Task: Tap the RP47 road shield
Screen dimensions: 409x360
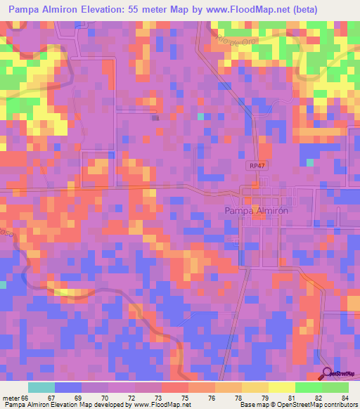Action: click(257, 165)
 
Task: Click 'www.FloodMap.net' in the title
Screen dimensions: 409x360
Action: click(238, 10)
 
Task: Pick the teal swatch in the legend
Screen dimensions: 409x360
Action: click(41, 387)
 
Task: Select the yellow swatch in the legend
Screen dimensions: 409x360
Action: click(281, 387)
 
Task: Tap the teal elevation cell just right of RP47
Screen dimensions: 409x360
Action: click(309, 162)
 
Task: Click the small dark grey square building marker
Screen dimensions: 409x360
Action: click(155, 117)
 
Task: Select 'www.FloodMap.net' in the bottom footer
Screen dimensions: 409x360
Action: click(161, 405)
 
